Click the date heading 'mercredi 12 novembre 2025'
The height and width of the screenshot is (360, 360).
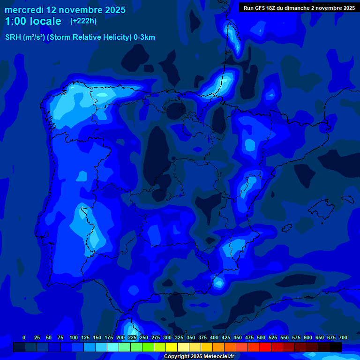tap(65, 10)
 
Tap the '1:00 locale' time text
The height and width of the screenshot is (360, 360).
tap(33, 21)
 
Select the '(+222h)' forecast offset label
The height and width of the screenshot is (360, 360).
tap(83, 21)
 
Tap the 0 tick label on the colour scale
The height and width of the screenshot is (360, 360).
tap(24, 337)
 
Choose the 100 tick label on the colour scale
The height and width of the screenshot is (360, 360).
tap(73, 337)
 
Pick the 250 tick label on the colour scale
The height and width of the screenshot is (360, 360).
tap(144, 337)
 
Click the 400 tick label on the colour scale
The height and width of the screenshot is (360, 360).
tap(214, 337)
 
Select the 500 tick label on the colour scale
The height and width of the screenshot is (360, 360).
tap(261, 337)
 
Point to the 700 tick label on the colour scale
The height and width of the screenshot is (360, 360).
tap(343, 337)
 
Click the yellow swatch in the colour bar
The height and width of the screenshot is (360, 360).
tap(172, 347)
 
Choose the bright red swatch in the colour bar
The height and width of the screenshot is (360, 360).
tap(265, 347)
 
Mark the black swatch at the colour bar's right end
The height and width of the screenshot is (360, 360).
tap(336, 347)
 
